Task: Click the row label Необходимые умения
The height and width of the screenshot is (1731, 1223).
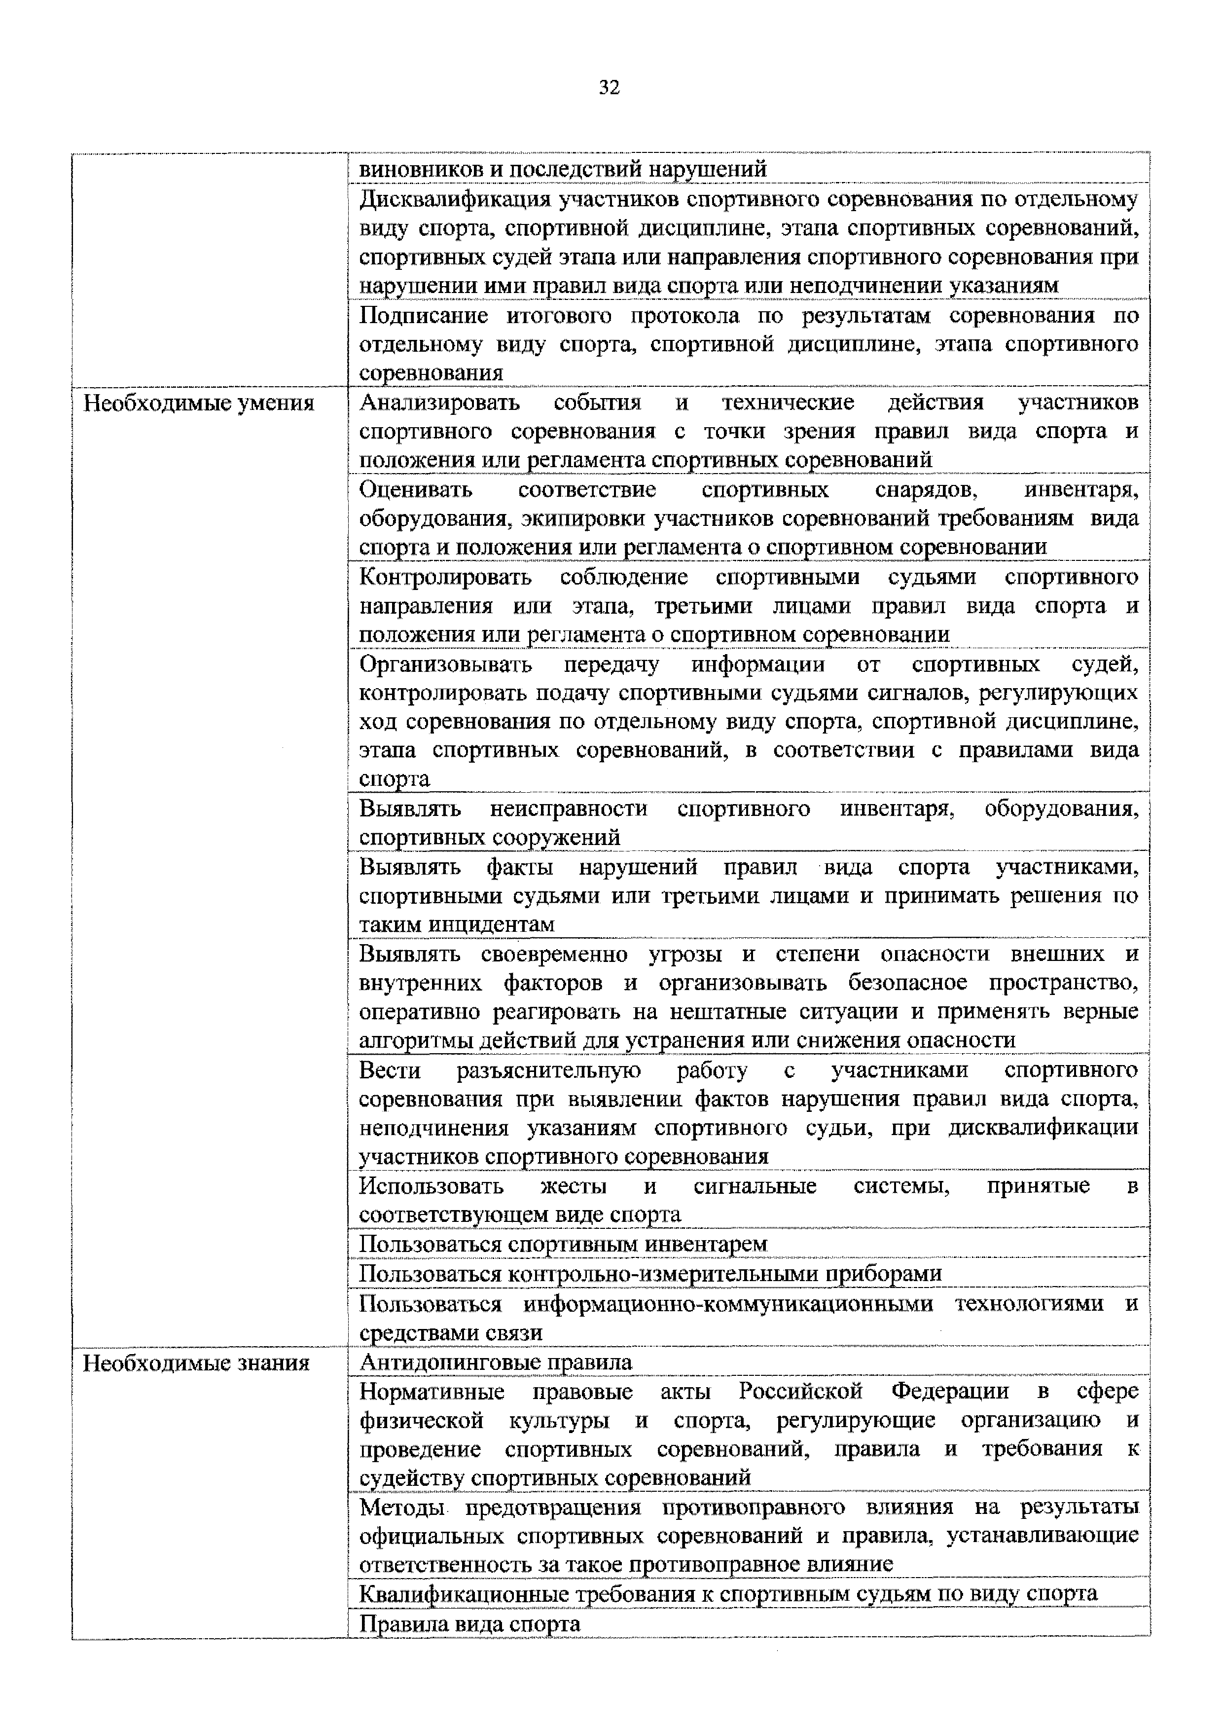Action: [x=198, y=404]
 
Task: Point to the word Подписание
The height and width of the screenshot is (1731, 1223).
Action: [x=424, y=316]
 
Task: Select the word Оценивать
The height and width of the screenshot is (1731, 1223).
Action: [x=415, y=490]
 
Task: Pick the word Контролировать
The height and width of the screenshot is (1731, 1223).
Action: [x=445, y=578]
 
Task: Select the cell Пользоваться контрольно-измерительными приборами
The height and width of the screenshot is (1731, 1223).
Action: [x=649, y=1273]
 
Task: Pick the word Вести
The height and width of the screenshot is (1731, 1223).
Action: [x=389, y=1070]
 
